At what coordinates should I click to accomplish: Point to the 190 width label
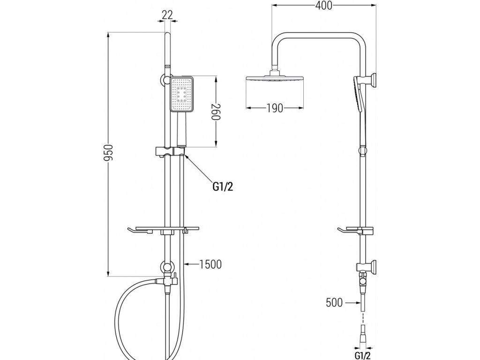(275, 108)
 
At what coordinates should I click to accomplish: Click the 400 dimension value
(324, 6)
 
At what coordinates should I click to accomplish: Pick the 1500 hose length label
(210, 264)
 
